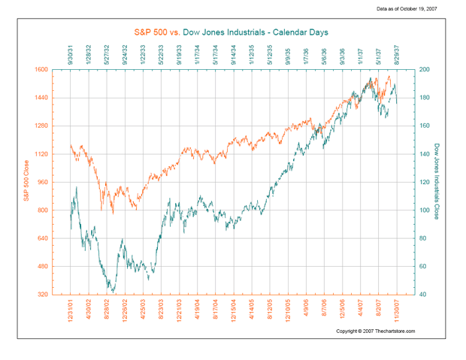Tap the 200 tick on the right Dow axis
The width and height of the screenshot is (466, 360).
tap(425, 70)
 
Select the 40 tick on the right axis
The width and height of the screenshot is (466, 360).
tap(424, 295)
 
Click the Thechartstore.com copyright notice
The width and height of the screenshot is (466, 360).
tap(374, 331)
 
